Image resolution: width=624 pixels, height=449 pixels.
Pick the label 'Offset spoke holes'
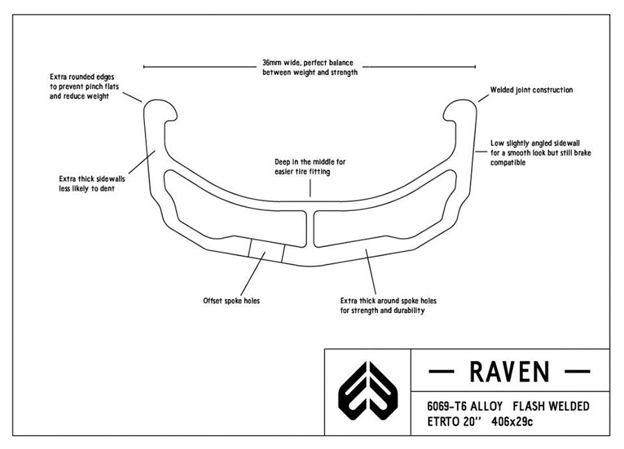point(232,300)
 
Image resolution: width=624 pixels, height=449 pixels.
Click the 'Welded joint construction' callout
point(531,90)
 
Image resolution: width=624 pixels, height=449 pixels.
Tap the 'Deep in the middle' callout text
point(310,167)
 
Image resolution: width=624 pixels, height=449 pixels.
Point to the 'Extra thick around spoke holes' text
point(388,305)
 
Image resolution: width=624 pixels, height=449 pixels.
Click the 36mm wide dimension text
point(310,67)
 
